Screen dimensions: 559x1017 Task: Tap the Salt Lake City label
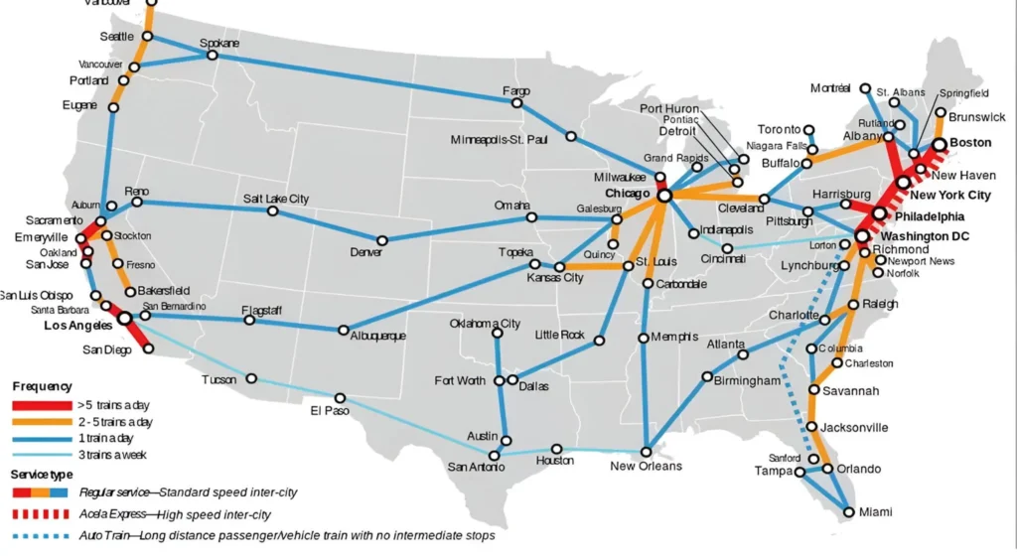coord(276,199)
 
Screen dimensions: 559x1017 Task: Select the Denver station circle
coord(382,239)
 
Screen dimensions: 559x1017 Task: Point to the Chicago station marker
coord(664,196)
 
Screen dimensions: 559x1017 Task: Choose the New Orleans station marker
coord(647,452)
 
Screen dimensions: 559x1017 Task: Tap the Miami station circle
coord(848,512)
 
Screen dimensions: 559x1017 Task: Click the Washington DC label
coord(926,236)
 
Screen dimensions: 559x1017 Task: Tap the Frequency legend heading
coord(42,386)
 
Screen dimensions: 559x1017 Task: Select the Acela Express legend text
coord(174,514)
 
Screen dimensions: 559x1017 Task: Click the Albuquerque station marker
coord(344,330)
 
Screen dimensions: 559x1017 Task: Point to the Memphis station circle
coord(644,338)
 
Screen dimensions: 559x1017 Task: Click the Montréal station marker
coord(865,88)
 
